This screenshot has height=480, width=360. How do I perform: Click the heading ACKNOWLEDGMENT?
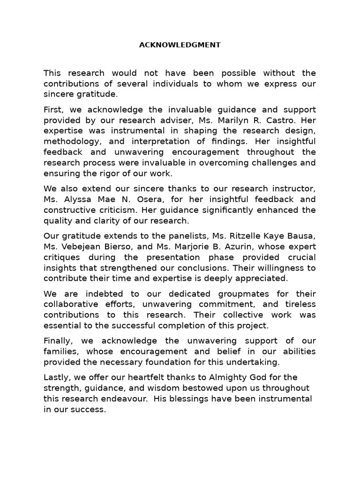180,45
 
